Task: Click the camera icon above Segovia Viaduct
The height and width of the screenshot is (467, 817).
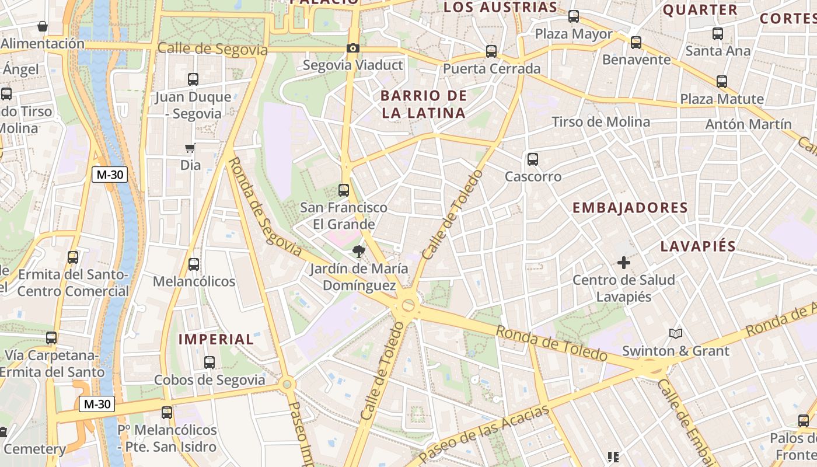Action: tap(352, 48)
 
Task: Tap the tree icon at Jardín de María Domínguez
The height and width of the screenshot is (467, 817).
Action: tap(358, 252)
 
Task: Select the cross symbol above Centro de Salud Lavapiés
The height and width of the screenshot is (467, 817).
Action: tap(624, 263)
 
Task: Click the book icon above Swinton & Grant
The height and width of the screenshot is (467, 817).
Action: tap(675, 333)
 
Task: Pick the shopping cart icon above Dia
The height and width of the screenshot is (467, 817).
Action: tap(190, 148)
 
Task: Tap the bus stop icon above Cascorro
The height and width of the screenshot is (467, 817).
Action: tap(532, 159)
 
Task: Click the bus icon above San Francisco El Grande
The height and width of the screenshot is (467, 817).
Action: tap(343, 190)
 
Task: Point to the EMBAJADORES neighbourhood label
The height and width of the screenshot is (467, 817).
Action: tap(630, 208)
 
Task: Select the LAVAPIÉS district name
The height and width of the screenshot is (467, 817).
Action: tap(697, 246)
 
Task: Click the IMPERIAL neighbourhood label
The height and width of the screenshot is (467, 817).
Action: tap(216, 339)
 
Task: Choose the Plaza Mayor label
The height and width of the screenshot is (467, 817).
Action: tap(574, 34)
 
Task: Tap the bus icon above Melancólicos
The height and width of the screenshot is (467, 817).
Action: tap(194, 264)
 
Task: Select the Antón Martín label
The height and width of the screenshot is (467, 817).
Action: tap(748, 124)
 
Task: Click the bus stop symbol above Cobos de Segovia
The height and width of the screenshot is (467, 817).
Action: tap(210, 362)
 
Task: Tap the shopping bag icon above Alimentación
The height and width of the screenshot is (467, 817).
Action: tap(43, 26)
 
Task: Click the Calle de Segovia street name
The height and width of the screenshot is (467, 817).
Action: tap(212, 50)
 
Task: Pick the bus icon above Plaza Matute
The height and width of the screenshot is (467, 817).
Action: tap(722, 81)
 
